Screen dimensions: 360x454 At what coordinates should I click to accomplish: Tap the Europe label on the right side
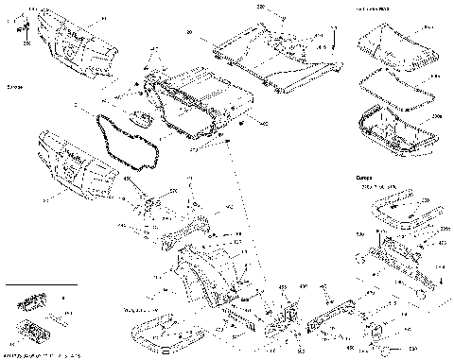[365, 177]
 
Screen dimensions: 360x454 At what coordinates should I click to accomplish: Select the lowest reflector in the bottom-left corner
[37, 333]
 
